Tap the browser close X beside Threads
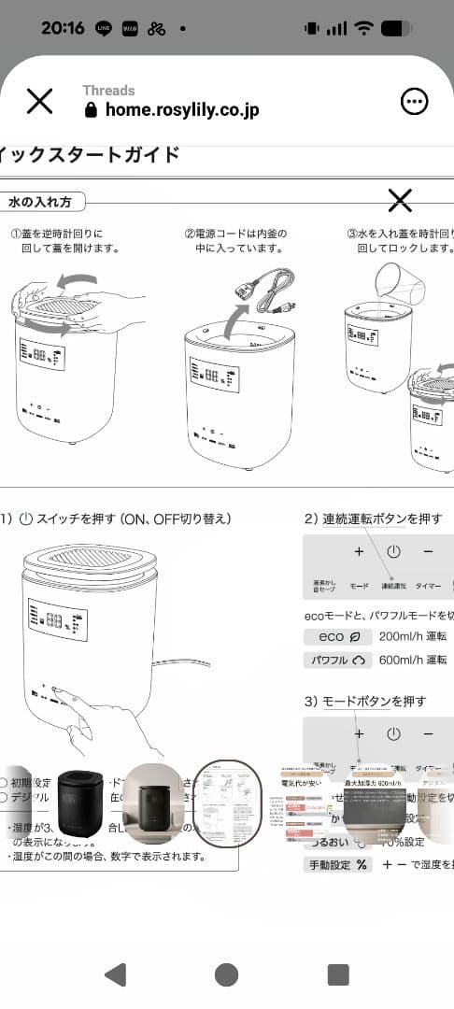coord(39,101)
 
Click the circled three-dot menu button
coord(414,101)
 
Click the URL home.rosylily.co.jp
coord(181,109)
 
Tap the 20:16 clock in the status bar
coord(62,27)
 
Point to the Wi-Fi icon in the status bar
coord(363,28)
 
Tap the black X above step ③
coord(400,200)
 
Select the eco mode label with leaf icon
coord(332,636)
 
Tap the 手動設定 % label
coord(338,865)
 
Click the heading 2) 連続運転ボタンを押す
coord(373,519)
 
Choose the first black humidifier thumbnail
coord(79,803)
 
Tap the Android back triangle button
coord(115,974)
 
